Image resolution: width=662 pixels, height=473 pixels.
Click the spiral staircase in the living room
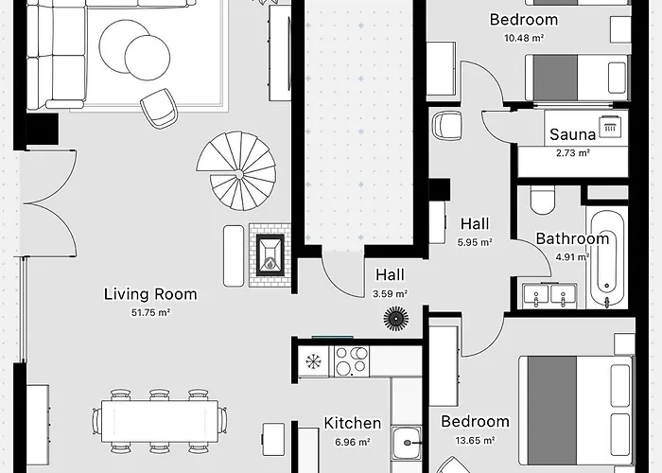[236, 171]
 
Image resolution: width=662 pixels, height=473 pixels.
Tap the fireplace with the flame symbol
[270, 255]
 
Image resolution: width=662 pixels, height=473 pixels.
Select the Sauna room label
[572, 134]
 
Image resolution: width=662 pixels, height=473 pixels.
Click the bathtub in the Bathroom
[607, 257]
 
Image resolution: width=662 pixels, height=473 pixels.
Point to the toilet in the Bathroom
[543, 201]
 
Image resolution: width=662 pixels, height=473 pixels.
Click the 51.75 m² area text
[150, 312]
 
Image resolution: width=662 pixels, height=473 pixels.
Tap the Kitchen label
[353, 423]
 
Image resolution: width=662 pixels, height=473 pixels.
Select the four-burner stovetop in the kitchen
[352, 361]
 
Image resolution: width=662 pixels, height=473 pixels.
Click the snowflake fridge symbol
[313, 361]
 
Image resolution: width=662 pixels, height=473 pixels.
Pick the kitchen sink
[406, 443]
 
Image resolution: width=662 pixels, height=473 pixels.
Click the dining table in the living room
[160, 421]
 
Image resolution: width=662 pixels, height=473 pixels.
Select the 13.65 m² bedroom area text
[475, 441]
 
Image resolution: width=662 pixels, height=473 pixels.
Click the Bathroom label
[572, 238]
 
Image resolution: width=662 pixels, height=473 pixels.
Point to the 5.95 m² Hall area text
[475, 242]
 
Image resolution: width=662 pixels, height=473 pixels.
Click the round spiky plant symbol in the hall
[395, 318]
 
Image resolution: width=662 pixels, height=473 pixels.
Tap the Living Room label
[150, 294]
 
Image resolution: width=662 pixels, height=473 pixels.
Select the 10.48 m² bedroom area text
[524, 38]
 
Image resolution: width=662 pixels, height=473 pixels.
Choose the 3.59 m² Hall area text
[390, 293]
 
